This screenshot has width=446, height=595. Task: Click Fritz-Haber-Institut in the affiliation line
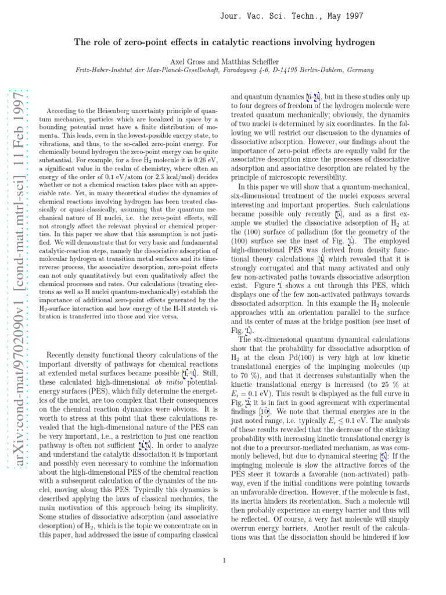pos(103,70)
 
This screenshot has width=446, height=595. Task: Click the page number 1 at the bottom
pos(224,560)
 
